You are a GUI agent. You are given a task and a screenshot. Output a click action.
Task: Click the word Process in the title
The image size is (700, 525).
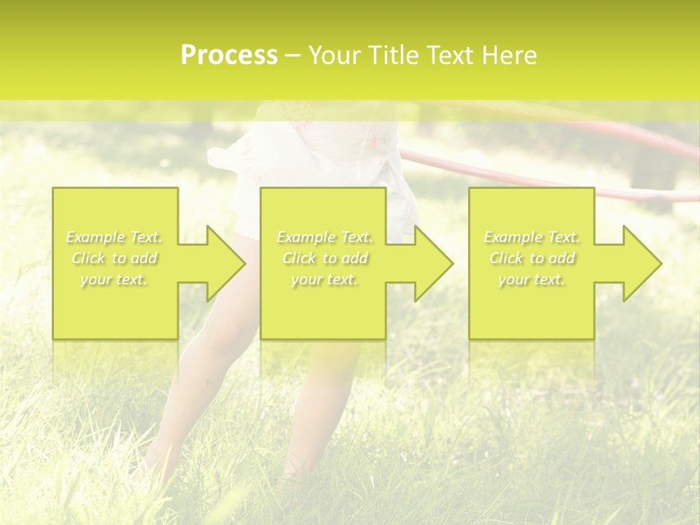[x=229, y=55]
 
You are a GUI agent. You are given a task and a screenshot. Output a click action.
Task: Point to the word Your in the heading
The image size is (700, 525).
[x=336, y=55]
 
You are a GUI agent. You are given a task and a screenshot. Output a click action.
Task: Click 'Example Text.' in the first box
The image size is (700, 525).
[x=114, y=237]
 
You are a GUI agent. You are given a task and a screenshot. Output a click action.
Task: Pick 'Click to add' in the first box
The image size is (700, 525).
[x=114, y=258]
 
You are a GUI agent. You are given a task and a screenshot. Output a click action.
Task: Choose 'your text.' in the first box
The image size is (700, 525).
[x=114, y=279]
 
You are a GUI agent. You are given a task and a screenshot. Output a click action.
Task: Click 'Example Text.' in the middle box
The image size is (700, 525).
[x=324, y=237]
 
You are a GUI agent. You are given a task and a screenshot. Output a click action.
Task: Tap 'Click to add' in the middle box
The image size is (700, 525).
[x=324, y=258]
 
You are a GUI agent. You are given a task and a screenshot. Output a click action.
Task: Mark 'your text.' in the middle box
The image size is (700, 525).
[x=324, y=279]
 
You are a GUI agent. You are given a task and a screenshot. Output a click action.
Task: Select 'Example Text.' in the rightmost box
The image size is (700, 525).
[x=532, y=237]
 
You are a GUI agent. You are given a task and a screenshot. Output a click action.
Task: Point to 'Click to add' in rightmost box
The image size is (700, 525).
[x=532, y=258]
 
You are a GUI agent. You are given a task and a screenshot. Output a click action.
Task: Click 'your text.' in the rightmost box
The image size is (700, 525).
[x=532, y=279]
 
